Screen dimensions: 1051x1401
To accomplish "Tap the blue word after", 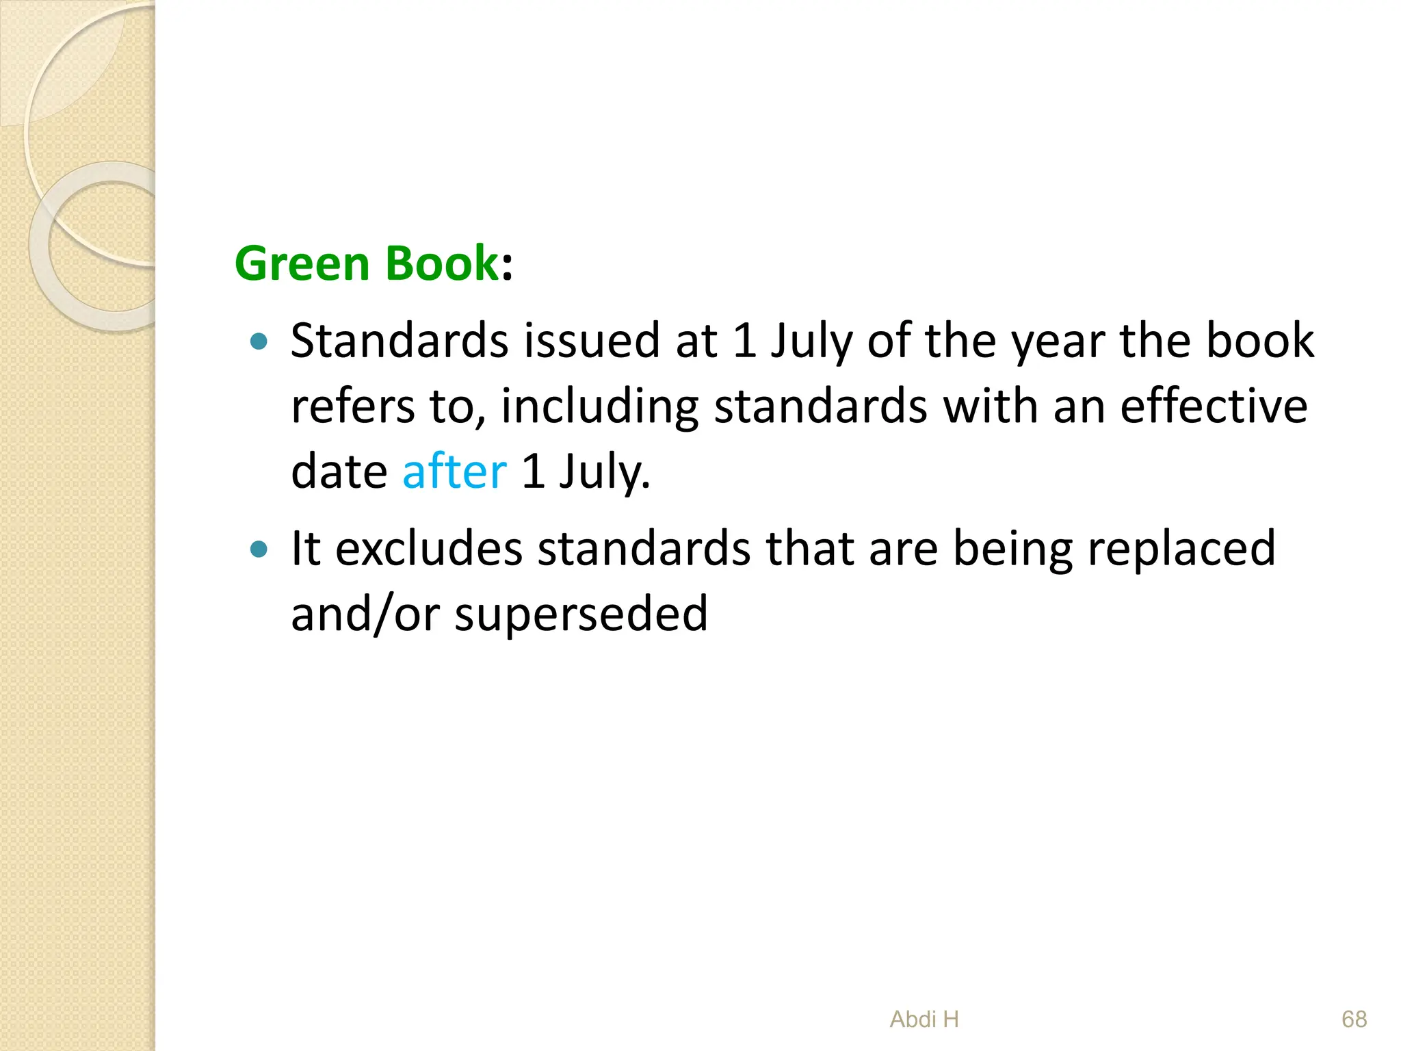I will (454, 471).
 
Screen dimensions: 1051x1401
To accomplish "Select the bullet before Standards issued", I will (259, 341).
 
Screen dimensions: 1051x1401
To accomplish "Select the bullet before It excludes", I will (259, 549).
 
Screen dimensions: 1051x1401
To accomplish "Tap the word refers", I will (352, 407).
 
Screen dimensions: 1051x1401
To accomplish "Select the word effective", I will (1214, 406).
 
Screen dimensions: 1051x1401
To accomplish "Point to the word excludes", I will (429, 549).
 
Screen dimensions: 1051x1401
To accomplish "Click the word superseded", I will (581, 615).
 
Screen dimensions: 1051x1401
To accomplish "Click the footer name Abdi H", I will (924, 1020).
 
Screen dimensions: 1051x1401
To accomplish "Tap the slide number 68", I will (1354, 1020).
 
